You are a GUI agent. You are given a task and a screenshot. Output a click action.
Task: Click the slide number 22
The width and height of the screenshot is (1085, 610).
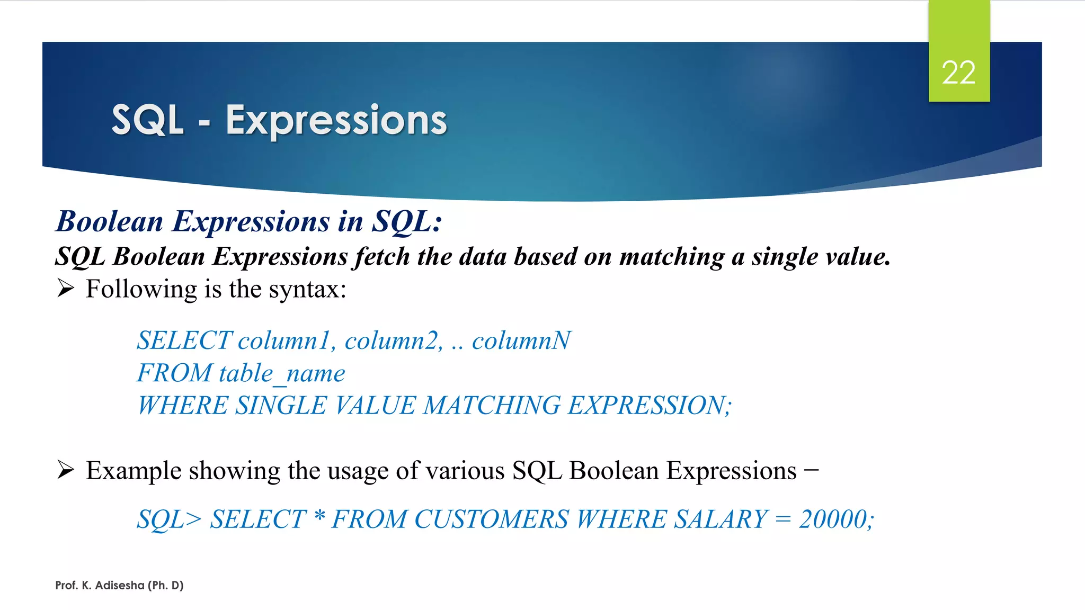coord(958,73)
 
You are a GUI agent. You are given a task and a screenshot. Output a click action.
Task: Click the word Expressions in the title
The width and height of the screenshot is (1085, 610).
coord(336,121)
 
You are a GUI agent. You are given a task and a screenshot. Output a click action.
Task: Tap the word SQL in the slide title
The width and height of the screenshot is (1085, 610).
coord(147,121)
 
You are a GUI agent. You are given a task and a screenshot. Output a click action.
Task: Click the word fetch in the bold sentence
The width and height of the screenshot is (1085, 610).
coord(382,257)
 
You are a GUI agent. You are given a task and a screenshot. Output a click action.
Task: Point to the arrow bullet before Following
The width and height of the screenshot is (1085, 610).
coord(65,289)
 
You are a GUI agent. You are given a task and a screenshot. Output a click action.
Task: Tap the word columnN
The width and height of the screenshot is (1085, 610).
coord(521,340)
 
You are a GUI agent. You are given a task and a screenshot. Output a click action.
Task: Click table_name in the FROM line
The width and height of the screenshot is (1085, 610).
coord(282,373)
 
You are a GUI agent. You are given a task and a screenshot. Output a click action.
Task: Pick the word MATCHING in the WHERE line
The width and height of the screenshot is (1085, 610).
coord(492,406)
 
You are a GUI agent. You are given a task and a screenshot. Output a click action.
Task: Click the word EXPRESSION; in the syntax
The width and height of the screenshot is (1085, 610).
coord(650,406)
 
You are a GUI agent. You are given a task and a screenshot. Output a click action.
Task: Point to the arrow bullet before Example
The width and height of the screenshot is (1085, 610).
coord(65,470)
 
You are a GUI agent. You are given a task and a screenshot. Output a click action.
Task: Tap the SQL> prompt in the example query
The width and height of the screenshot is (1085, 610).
coord(169,519)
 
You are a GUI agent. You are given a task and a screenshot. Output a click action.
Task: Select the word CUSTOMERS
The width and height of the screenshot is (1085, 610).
coord(491,519)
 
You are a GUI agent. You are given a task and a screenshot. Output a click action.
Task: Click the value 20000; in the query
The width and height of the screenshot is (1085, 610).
coord(836,519)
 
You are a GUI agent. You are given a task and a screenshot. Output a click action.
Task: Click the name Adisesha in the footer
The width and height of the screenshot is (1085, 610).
coord(119,585)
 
